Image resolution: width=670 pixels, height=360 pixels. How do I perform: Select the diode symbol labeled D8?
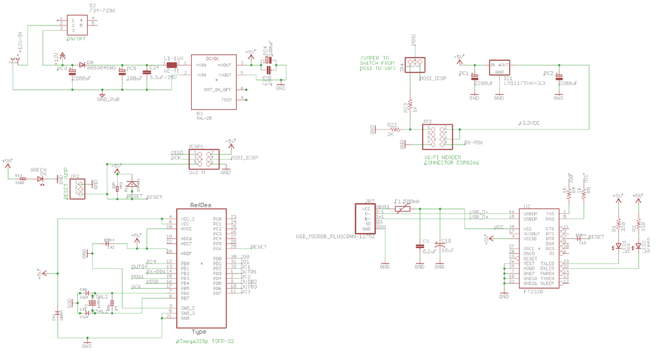tap(82, 64)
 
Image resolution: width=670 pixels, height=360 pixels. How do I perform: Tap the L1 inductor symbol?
tap(171, 65)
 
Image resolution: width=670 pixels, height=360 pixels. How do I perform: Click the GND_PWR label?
tap(109, 99)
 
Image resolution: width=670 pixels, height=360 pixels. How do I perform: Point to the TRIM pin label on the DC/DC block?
tap(226, 99)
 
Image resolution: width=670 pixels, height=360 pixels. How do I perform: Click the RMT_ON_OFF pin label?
tap(218, 89)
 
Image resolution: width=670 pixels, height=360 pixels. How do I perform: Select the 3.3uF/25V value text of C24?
tap(163, 77)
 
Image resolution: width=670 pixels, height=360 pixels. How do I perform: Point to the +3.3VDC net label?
tap(529, 122)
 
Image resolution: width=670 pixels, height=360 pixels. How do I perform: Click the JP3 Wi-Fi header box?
tap(437, 135)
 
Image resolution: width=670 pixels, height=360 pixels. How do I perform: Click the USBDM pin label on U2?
tap(529, 213)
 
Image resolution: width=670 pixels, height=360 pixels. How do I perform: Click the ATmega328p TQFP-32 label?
tap(205, 342)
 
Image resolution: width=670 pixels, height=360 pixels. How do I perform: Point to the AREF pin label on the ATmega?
tap(186, 251)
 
